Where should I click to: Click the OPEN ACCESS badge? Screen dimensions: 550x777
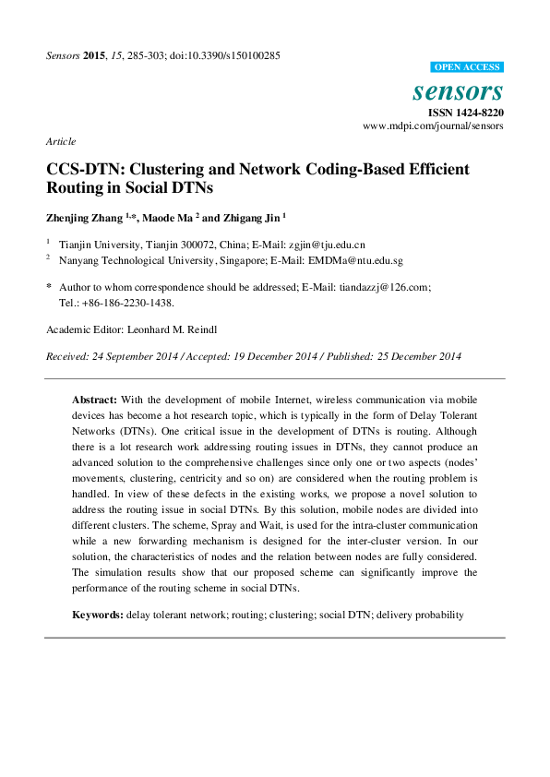[467, 67]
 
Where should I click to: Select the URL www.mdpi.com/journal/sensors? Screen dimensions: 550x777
[433, 126]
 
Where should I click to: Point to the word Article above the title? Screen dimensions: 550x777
[60, 141]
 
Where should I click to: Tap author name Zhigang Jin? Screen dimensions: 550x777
[251, 218]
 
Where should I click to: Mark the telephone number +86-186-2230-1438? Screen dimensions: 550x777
[128, 302]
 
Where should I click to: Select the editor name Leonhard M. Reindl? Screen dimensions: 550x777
[185, 329]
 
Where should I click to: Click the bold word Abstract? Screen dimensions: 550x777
[94, 400]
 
